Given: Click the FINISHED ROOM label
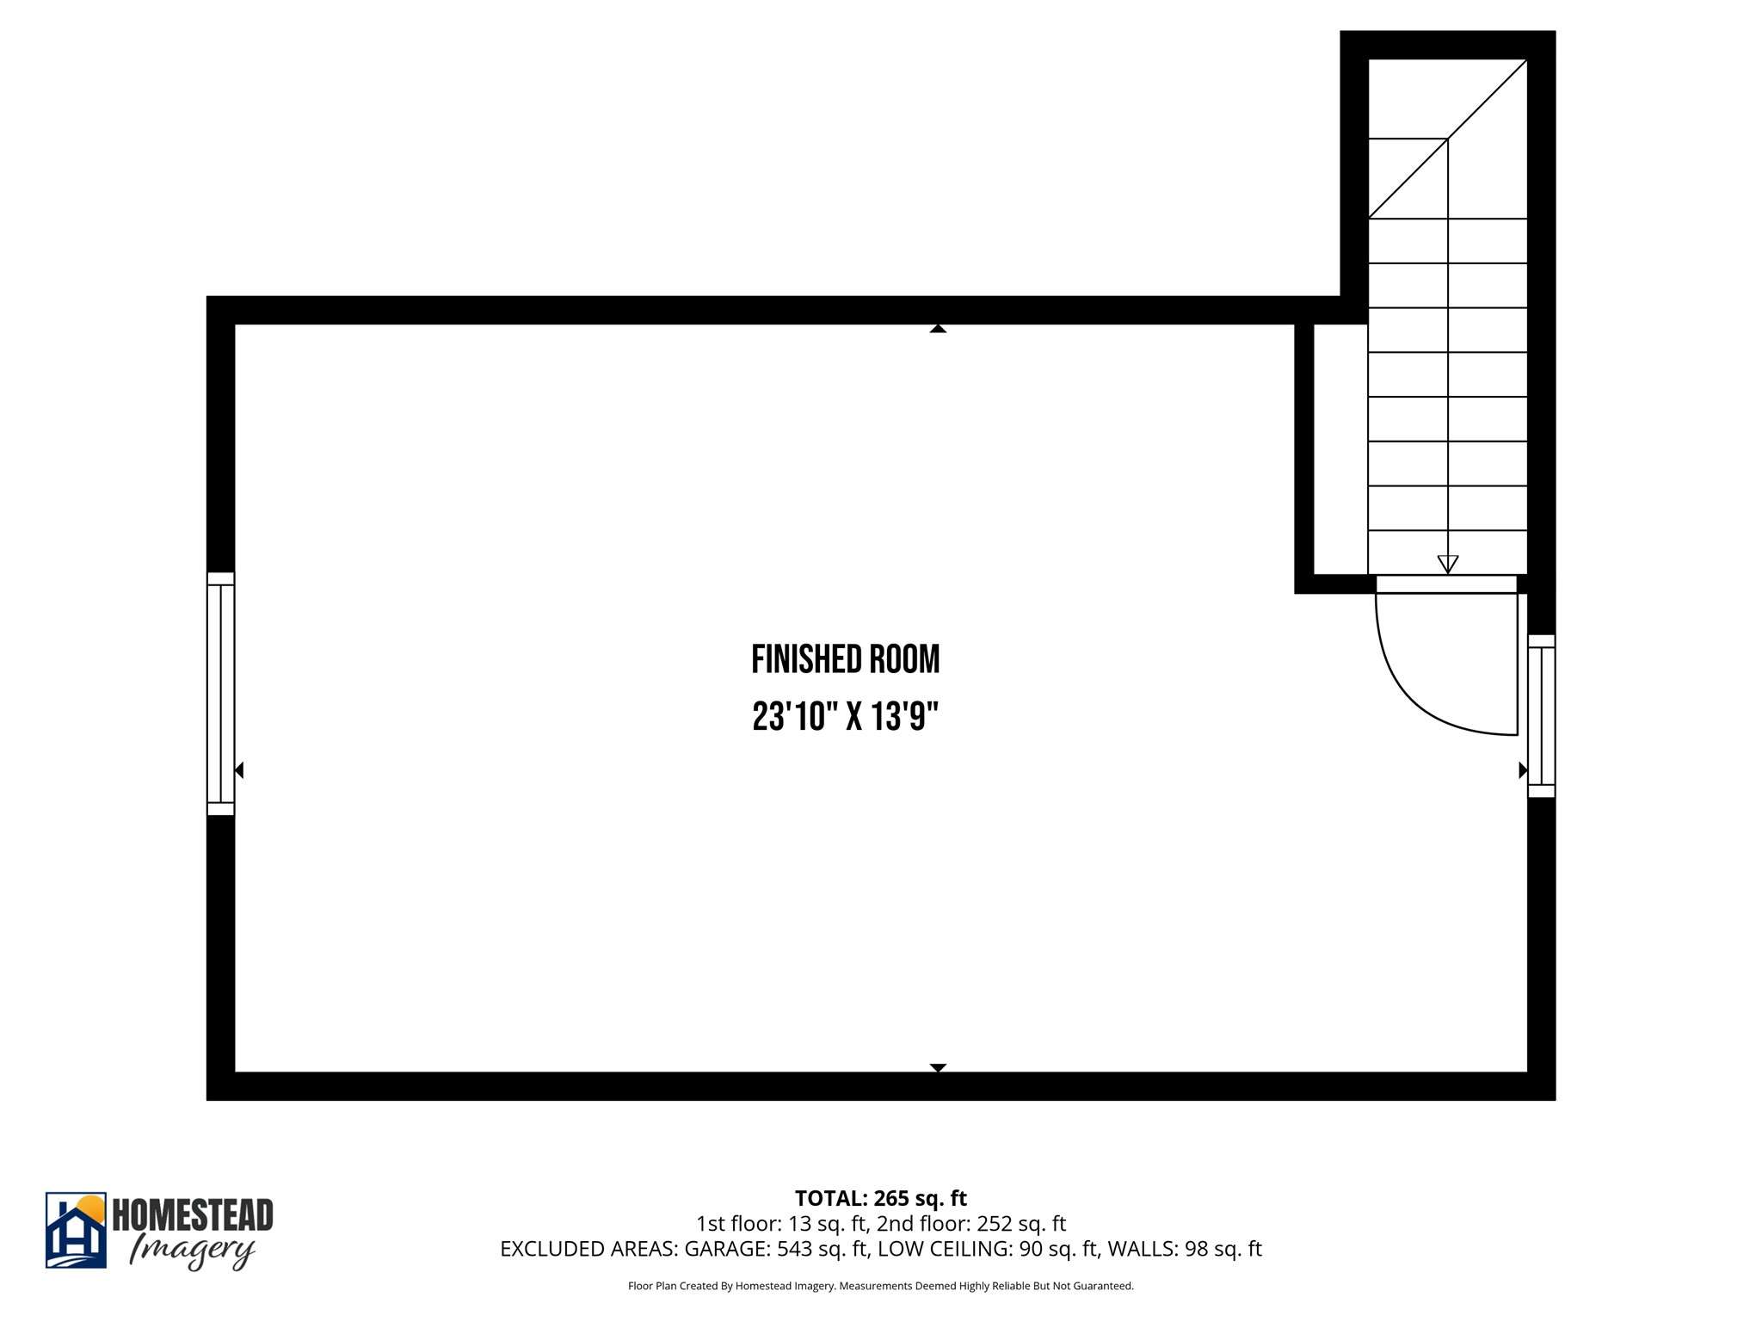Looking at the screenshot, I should [845, 660].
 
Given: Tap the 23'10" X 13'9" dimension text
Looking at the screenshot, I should [845, 716].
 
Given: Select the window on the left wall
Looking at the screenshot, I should [220, 694].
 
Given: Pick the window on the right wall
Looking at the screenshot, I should [1541, 716].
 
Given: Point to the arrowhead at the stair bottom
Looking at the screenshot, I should [1447, 565].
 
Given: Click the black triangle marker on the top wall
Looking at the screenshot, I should [938, 328].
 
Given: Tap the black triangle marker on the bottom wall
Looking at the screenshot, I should [938, 1067].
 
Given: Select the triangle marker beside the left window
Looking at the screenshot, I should [239, 770].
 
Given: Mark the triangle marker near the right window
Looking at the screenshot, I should [1522, 770].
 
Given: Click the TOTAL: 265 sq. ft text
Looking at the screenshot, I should [880, 1198].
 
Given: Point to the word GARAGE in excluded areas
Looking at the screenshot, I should [726, 1249].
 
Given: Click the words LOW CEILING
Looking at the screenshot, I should [946, 1249].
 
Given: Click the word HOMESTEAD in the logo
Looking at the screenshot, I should [193, 1215].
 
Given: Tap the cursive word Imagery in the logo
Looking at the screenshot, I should [191, 1251].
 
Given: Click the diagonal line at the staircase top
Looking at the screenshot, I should [1447, 139].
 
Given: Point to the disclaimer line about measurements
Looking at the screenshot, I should [880, 1286].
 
